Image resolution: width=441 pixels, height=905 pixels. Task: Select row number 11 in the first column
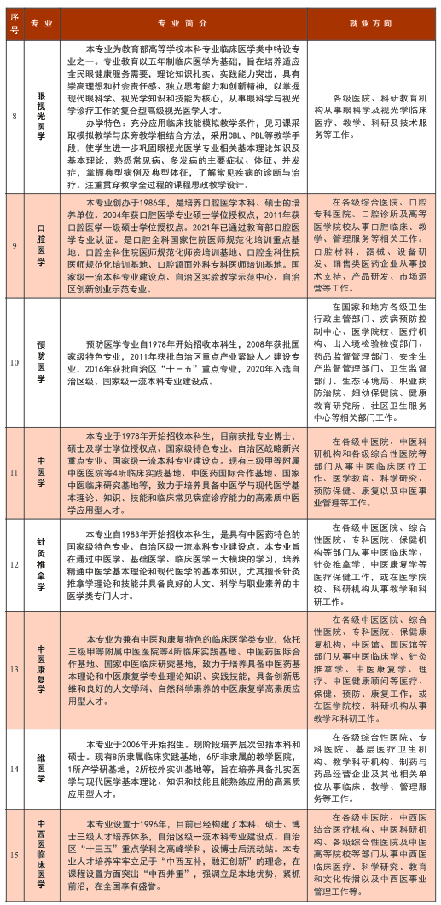15,470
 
